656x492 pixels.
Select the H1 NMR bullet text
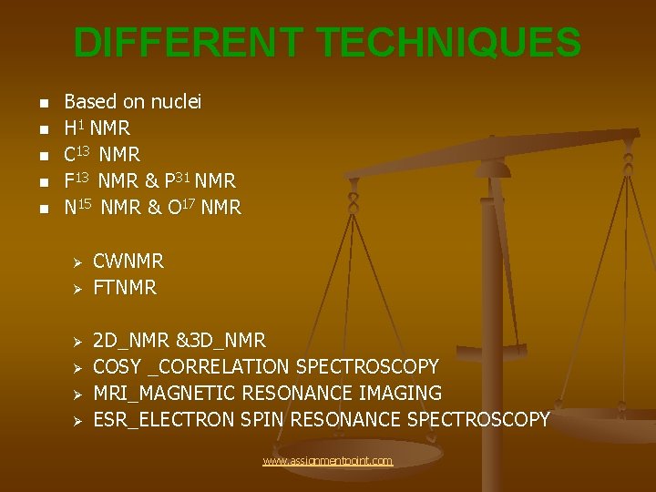(x=97, y=128)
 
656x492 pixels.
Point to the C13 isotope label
(x=78, y=155)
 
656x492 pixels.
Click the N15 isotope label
(x=80, y=207)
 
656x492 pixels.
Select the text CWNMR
(x=128, y=261)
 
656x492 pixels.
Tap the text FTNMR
(x=125, y=288)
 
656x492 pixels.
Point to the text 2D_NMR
(x=129, y=341)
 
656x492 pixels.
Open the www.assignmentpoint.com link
(x=327, y=461)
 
